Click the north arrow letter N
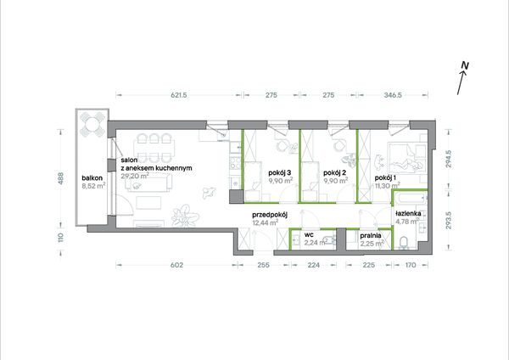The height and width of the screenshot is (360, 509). (x=465, y=65)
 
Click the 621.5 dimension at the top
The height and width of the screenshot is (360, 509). (x=178, y=95)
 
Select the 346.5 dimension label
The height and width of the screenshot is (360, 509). (x=393, y=95)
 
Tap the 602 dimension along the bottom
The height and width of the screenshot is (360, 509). (x=177, y=265)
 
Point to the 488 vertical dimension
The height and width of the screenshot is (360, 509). (x=60, y=178)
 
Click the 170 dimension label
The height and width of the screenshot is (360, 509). (x=411, y=265)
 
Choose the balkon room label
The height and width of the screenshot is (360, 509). (x=92, y=178)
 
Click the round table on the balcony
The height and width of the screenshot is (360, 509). (x=92, y=124)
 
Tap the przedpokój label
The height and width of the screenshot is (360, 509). (x=270, y=215)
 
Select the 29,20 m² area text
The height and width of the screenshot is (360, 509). (x=135, y=176)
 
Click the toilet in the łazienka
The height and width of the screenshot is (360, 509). (x=404, y=243)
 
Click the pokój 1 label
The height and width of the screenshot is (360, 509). (x=385, y=178)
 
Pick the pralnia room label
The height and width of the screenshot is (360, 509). (x=371, y=235)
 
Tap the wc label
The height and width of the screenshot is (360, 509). (x=309, y=234)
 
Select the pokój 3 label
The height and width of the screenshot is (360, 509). (x=279, y=172)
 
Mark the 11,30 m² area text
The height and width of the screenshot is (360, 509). (x=388, y=186)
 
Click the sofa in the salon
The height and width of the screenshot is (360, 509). (x=149, y=183)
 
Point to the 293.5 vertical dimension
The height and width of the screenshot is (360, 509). (x=448, y=221)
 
